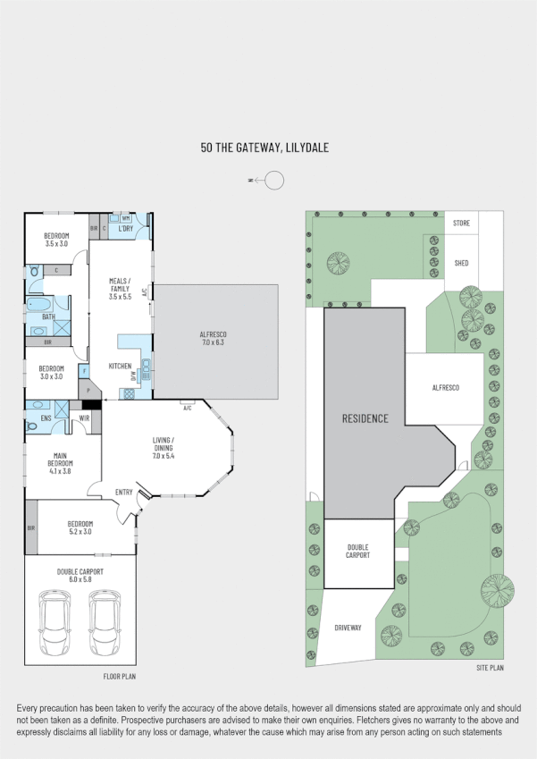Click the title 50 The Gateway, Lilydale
265,148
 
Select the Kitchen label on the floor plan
121,367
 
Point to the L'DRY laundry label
126,229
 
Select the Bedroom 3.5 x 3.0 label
57,239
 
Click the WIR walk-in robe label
85,417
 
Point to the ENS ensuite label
46,417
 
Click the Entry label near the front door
124,493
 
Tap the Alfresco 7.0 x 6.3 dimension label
214,338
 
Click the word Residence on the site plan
365,418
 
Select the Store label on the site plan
461,223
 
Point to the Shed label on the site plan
461,263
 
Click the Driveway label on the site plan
347,628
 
